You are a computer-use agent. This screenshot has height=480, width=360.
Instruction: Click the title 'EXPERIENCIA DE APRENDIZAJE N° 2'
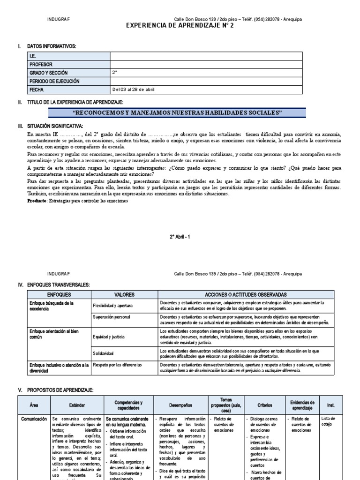(x=180, y=26)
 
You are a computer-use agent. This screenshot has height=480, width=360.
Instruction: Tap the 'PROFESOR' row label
(x=41, y=65)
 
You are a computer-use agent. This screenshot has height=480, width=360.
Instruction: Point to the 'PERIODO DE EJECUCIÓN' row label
(x=54, y=82)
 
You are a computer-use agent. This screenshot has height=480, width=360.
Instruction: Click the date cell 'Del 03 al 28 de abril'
(x=133, y=90)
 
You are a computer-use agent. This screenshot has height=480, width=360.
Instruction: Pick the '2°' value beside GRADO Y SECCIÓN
(x=115, y=73)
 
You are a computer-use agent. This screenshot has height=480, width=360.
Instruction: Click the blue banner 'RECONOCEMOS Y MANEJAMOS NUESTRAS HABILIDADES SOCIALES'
(x=178, y=113)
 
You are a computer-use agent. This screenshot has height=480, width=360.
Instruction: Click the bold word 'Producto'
(x=37, y=201)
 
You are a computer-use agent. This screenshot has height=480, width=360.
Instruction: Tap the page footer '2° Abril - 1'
(x=180, y=237)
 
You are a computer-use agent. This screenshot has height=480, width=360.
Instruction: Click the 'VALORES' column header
(x=124, y=295)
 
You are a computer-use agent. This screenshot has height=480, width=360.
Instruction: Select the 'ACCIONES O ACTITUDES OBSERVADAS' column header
(x=246, y=295)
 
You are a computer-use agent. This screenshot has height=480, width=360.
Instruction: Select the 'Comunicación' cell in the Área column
(x=34, y=419)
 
